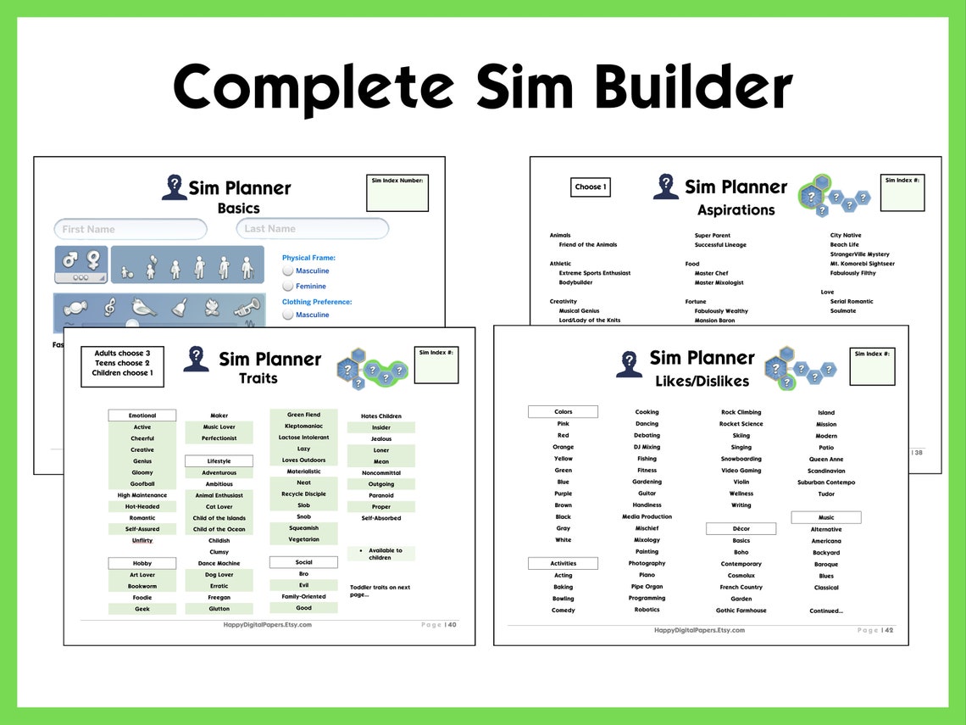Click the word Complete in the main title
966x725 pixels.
314,86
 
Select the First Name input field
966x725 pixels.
130,229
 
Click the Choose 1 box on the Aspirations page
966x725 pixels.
591,187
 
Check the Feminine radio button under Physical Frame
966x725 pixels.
288,287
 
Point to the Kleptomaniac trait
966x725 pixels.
303,427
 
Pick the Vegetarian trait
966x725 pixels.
303,539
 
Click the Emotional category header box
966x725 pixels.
142,415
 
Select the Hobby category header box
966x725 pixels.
142,563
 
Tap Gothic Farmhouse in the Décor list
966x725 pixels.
741,611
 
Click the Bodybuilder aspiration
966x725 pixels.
575,282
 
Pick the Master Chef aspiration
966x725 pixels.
711,273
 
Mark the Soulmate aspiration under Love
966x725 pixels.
843,311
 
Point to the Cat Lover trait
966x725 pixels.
219,507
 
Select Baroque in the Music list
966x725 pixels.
826,565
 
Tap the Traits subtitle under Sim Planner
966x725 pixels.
258,378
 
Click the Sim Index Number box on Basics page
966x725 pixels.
397,193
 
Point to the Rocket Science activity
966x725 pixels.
741,424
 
